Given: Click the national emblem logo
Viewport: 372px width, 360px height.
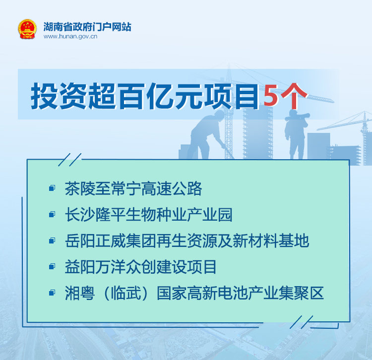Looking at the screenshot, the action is [27, 29].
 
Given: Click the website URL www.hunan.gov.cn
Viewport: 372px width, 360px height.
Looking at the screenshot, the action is [70, 36].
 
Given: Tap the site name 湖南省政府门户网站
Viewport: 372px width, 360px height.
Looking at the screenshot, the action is [87, 27].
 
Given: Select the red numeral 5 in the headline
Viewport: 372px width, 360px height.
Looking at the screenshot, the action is [271, 96].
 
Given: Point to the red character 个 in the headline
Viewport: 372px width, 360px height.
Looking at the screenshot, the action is [293, 96].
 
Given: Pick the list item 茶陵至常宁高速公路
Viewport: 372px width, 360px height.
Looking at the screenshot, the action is [133, 189].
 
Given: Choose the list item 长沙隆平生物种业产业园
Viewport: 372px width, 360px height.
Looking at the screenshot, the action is [148, 215].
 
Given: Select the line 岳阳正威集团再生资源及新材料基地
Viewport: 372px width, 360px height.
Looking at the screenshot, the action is [187, 240].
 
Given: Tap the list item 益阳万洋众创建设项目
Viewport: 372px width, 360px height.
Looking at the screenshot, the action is [141, 267].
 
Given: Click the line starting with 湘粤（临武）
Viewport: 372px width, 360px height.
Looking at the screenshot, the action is [194, 293].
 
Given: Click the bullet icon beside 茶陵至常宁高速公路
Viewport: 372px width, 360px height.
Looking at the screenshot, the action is [52, 188].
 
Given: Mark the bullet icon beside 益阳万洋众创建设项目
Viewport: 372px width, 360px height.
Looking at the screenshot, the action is [52, 266].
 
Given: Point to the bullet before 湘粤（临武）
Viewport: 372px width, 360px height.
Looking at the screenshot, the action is [52, 293].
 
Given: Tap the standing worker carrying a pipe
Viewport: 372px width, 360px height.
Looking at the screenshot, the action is [297, 134].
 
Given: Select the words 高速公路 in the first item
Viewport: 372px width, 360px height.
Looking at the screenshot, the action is [172, 189].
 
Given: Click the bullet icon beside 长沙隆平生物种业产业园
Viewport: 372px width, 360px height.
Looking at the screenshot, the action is [52, 214].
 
